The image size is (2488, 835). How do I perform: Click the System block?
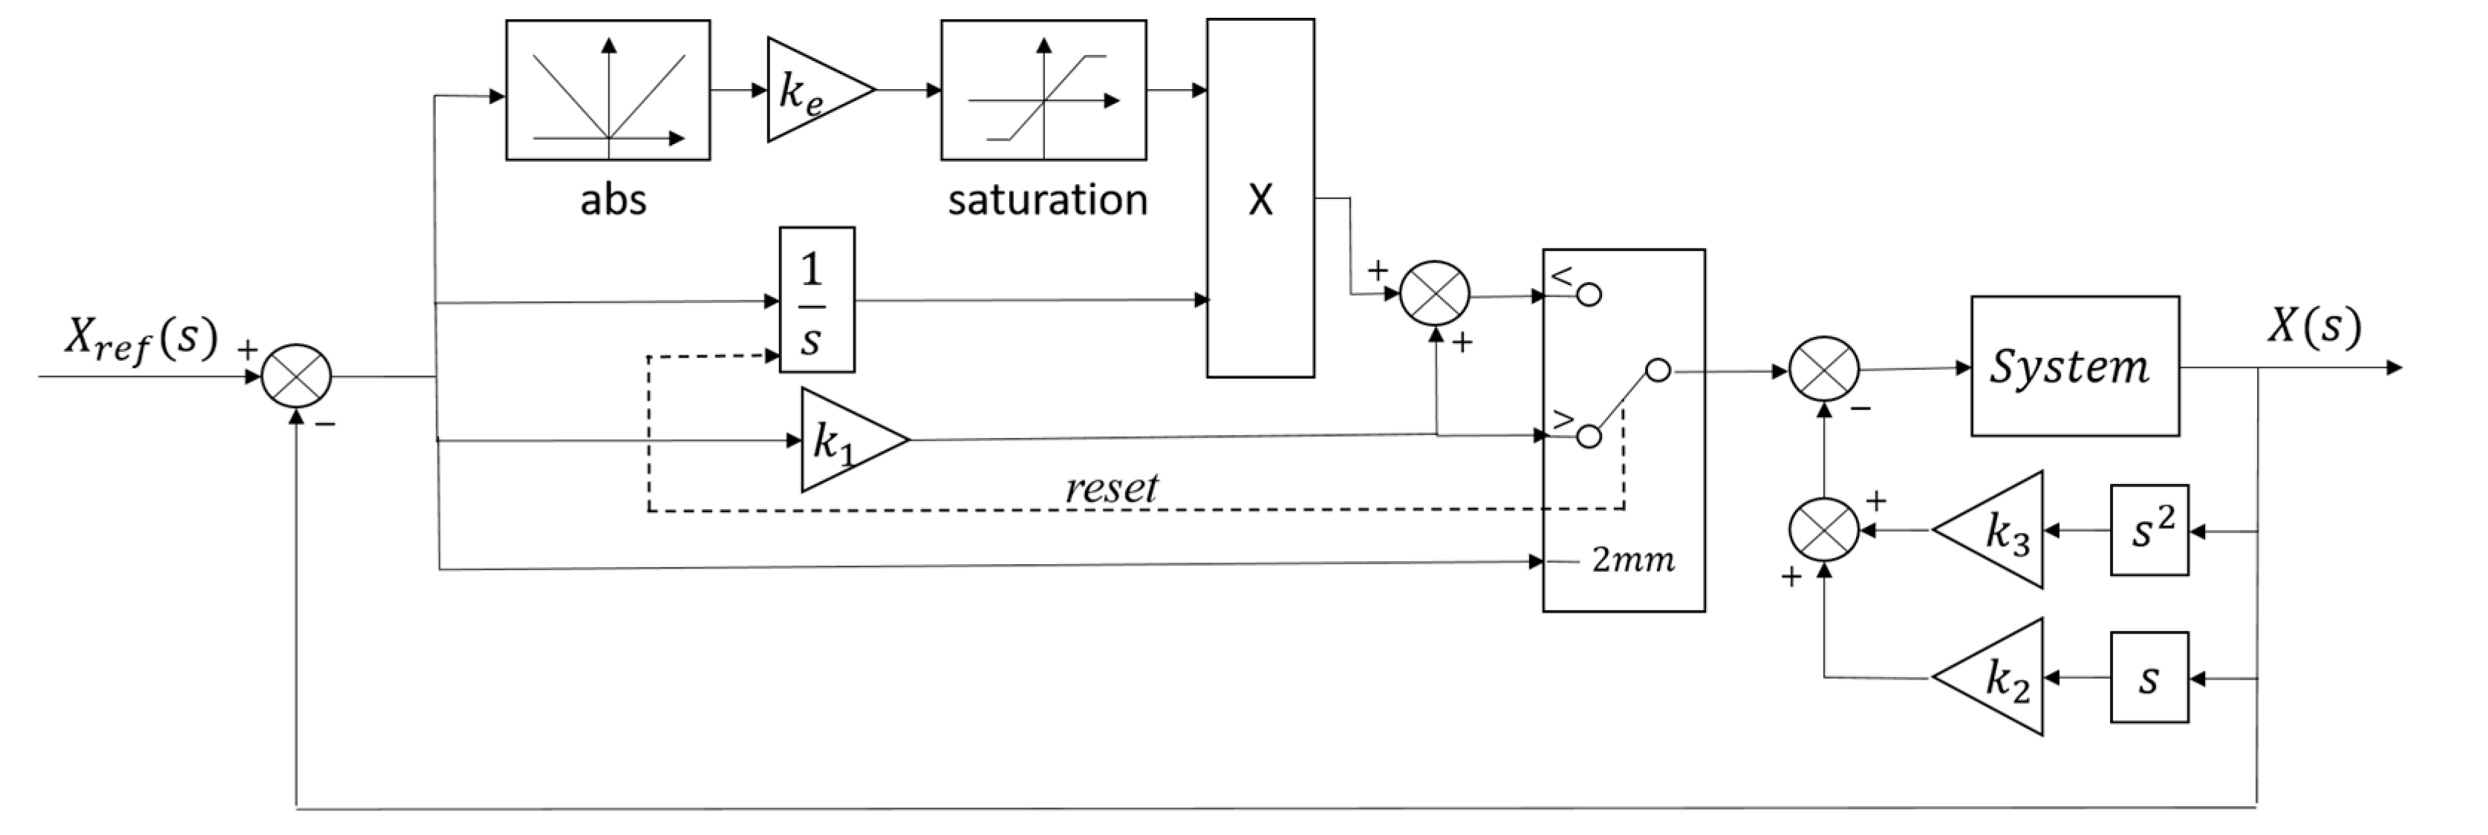pos(2074,367)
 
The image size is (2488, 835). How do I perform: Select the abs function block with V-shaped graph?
pos(608,90)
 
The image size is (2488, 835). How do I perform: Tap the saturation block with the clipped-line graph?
pos(1043,90)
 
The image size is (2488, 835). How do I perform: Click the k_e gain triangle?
pos(811,91)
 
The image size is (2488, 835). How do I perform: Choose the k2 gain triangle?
pos(1999,678)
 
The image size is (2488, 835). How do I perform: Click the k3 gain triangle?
pos(1999,530)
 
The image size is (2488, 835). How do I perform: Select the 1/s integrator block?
pos(816,300)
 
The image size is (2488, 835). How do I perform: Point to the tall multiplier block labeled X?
pos(1260,198)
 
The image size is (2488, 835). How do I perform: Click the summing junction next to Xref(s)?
pos(296,376)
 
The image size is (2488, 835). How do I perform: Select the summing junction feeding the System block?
pos(1823,370)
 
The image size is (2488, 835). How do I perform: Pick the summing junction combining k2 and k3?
pos(1823,530)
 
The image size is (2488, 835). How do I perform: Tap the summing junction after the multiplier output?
pos(1434,293)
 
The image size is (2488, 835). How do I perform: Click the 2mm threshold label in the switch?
pos(1632,560)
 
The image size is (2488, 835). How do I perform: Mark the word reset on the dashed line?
pos(1111,488)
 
